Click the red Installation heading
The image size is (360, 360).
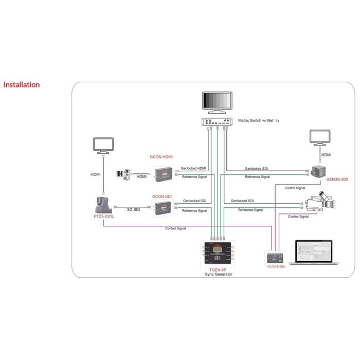21,84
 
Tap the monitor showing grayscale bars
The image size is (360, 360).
216,103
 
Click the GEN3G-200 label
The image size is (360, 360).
336,179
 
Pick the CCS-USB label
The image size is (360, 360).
276,266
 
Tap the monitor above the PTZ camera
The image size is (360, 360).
102,145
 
